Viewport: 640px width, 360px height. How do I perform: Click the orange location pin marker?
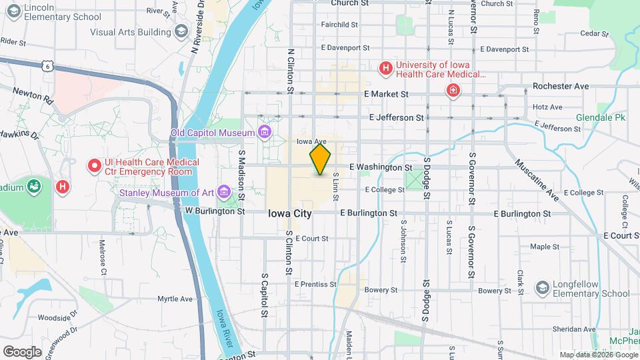point(320,159)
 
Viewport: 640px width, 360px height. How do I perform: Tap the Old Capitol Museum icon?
point(265,132)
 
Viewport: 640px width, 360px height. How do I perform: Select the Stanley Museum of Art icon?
point(223,193)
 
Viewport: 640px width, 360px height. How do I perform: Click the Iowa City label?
point(289,213)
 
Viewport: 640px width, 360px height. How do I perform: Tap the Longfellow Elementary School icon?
point(541,287)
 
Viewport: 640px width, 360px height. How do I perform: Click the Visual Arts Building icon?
point(181,32)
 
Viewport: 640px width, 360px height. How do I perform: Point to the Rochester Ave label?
point(560,86)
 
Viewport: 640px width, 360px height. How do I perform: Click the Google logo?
point(22,351)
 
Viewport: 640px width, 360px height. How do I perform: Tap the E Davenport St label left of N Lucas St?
point(345,48)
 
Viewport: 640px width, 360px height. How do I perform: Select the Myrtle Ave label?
point(175,299)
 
